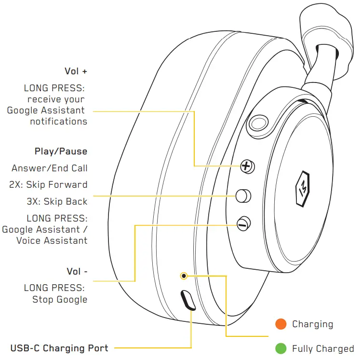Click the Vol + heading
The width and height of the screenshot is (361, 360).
point(76,71)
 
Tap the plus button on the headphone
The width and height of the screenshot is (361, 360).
point(247,166)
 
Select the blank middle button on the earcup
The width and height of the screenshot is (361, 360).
point(244,195)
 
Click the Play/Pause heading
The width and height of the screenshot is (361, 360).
point(61,152)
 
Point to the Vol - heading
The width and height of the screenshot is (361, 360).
point(77,271)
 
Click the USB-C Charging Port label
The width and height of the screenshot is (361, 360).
point(59,347)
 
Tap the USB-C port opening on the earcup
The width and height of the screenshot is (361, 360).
point(187,301)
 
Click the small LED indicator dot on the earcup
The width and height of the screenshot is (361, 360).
point(184,276)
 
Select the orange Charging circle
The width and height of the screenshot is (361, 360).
point(281,324)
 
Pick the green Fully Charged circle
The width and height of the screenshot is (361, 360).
point(281,348)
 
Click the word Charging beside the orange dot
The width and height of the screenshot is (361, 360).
point(312,324)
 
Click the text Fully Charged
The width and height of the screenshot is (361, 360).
point(323,348)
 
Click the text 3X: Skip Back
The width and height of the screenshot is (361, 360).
point(57,201)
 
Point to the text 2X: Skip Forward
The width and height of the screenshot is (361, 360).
point(48,185)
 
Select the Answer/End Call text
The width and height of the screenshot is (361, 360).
point(50,168)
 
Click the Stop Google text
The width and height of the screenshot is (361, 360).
point(60,299)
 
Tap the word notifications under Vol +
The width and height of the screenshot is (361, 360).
point(58,121)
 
